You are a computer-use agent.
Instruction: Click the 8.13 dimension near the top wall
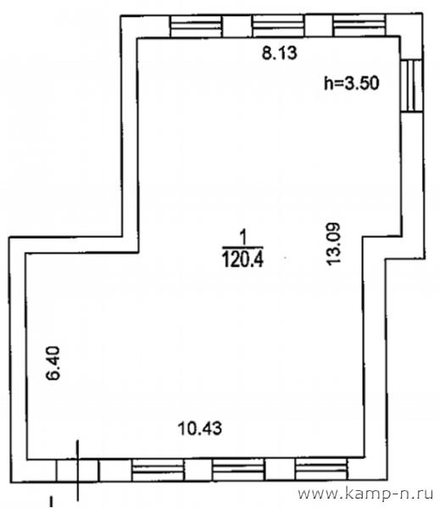pos(280,53)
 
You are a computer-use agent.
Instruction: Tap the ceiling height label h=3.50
pos(352,83)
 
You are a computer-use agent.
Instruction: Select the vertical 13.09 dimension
pos(333,244)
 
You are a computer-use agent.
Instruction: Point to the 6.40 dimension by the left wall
pos(53,363)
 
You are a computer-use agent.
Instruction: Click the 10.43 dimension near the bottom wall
pos(200,428)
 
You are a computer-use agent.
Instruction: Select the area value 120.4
pos(242,260)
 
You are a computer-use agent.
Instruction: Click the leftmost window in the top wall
pos(196,26)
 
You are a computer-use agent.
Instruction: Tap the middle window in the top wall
pos(278,25)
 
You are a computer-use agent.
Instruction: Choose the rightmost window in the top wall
pos(359,25)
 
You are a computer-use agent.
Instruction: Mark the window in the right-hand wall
pos(411,86)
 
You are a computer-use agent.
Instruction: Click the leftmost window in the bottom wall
pos(158,470)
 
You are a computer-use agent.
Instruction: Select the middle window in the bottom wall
pos(238,469)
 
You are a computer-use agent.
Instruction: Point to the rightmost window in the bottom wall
pos(321,469)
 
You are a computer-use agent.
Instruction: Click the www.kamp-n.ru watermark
pos(365,494)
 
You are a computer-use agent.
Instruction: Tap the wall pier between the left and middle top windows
pos(237,26)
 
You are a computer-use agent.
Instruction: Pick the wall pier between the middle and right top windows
pos(319,25)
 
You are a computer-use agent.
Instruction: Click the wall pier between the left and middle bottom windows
pos(198,470)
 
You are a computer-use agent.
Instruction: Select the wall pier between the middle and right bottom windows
pos(280,469)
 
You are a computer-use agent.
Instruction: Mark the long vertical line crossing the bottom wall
pos(77,470)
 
